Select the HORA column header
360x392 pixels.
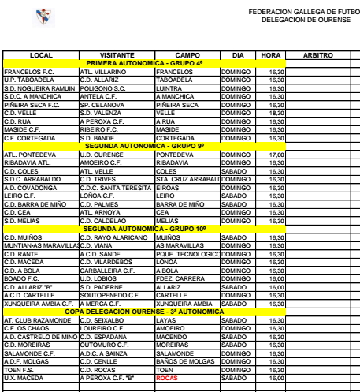pyautogui.click(x=269, y=54)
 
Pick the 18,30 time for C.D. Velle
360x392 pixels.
pyautogui.click(x=276, y=113)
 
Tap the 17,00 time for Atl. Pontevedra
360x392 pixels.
pyautogui.click(x=276, y=155)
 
